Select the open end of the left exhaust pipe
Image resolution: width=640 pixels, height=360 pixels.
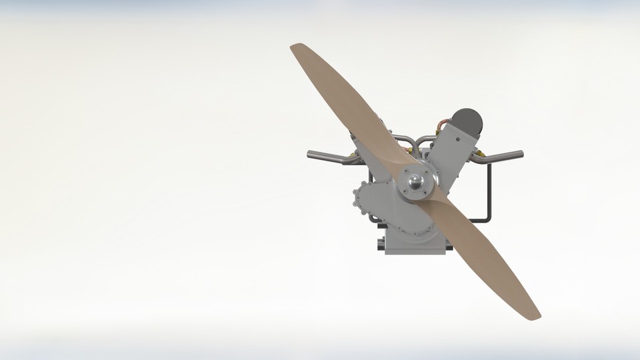[310, 155]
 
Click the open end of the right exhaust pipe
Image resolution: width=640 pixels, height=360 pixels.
[521, 155]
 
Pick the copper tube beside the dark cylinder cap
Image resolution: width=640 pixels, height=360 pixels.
[443, 124]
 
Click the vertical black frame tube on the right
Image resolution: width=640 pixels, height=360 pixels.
[491, 190]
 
